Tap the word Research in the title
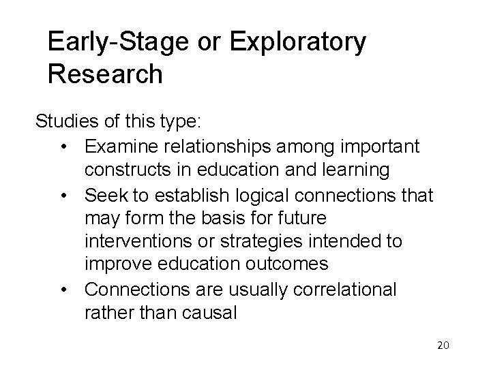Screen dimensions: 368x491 tap(105, 74)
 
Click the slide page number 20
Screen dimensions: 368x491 tap(443, 346)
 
